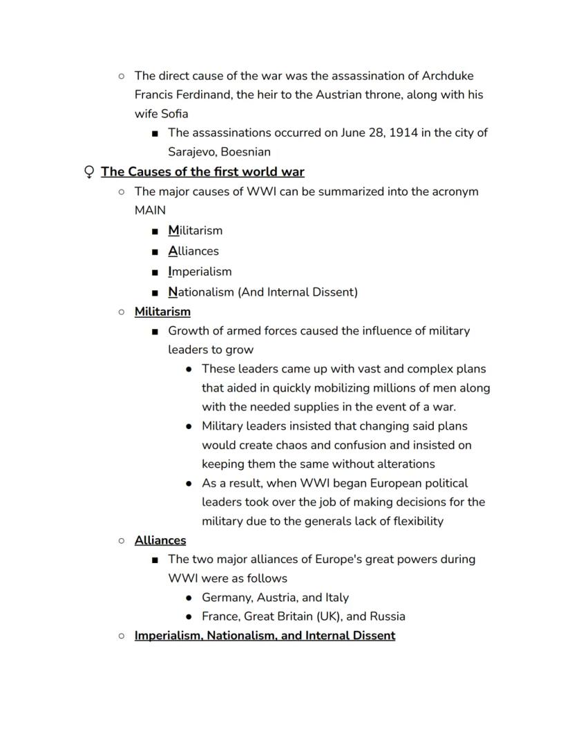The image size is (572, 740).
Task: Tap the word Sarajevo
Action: tap(191, 152)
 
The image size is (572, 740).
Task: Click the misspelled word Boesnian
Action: tap(245, 152)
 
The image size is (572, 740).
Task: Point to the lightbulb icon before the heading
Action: tap(88, 172)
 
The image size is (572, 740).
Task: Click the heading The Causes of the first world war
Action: tap(202, 172)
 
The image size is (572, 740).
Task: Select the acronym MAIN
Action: tap(150, 210)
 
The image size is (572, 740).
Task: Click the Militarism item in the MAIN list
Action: tap(195, 231)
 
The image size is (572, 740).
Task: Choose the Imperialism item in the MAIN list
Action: tap(200, 272)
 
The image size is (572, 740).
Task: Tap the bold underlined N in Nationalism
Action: tap(173, 292)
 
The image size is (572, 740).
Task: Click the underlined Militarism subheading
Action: tap(162, 312)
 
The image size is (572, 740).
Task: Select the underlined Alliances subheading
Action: tap(160, 540)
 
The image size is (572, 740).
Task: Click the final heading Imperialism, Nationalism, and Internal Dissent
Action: tap(265, 636)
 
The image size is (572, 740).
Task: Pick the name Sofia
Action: tap(172, 113)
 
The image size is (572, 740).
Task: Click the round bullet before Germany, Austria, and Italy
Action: tap(189, 598)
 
